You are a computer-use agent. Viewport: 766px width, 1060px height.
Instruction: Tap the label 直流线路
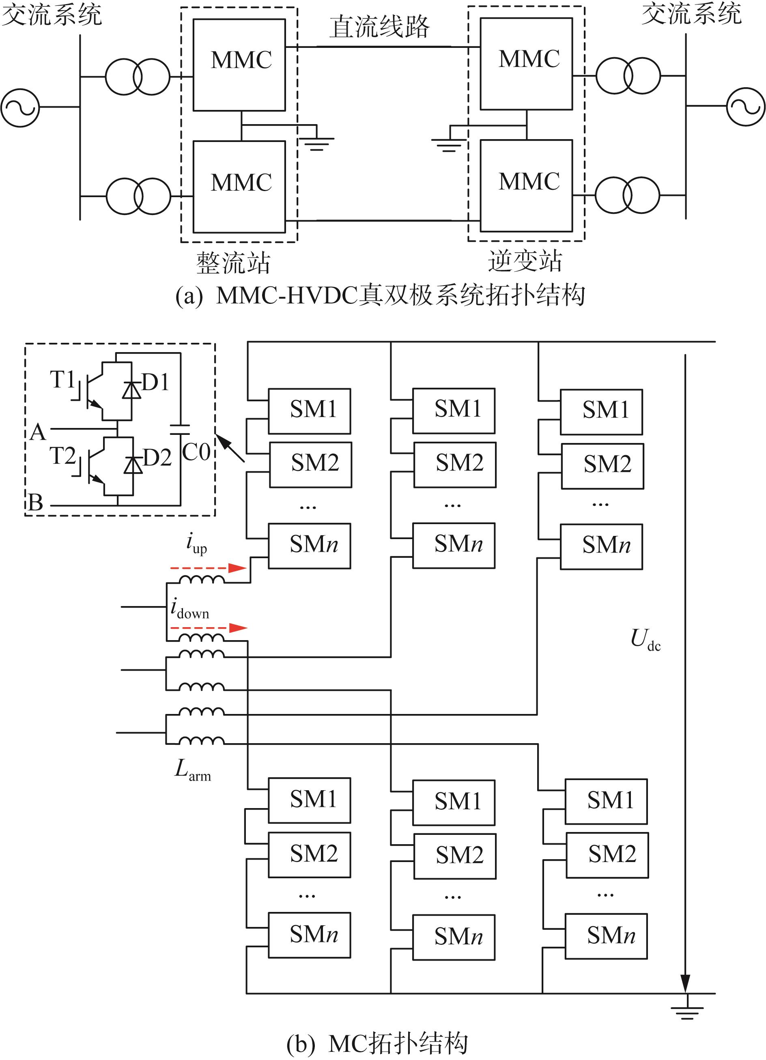click(379, 27)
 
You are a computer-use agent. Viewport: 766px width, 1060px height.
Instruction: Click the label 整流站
click(233, 262)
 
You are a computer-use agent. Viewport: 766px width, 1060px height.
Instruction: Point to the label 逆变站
click(525, 261)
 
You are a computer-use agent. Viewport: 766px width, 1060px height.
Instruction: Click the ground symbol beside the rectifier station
click(316, 144)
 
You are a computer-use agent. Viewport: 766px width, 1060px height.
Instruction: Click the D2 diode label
click(157, 458)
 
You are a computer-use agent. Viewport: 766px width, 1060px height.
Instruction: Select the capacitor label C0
click(196, 452)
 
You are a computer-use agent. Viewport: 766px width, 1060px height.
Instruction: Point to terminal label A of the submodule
click(37, 432)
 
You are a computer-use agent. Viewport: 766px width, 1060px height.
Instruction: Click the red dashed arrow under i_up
click(208, 568)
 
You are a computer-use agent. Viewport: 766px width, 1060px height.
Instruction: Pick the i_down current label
click(190, 609)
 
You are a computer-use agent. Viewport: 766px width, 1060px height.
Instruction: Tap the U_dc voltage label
click(646, 639)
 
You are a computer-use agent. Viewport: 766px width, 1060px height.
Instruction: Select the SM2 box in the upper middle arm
click(455, 464)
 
